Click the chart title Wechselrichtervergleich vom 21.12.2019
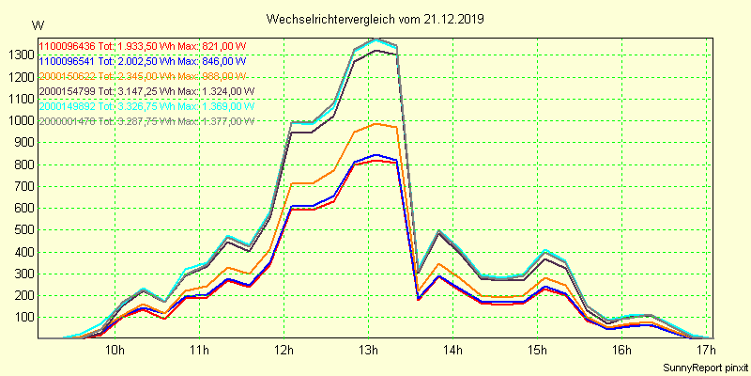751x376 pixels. (375, 19)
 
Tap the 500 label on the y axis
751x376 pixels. (22, 229)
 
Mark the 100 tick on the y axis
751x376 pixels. (22, 317)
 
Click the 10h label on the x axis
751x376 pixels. (115, 350)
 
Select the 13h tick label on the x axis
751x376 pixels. (369, 350)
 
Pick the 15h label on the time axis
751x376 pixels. (537, 350)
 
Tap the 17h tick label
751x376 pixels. (705, 350)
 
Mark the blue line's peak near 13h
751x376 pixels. (376, 154)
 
